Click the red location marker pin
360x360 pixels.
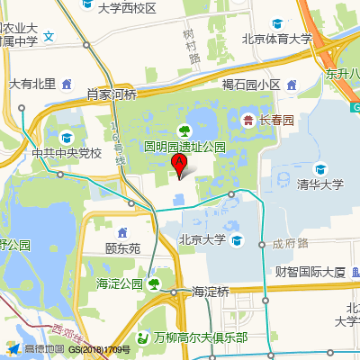(x=179, y=166)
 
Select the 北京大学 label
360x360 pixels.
(x=202, y=239)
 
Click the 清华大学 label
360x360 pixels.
(x=320, y=184)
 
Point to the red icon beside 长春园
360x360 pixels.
(x=247, y=119)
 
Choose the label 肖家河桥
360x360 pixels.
(x=112, y=94)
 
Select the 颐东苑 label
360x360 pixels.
(x=122, y=247)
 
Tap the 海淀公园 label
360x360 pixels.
(x=120, y=284)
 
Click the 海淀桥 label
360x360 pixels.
(x=211, y=292)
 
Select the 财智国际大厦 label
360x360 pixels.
(x=310, y=271)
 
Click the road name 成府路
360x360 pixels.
(x=291, y=243)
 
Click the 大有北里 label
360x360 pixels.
(x=32, y=84)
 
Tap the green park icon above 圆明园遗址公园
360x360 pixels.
(x=184, y=130)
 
